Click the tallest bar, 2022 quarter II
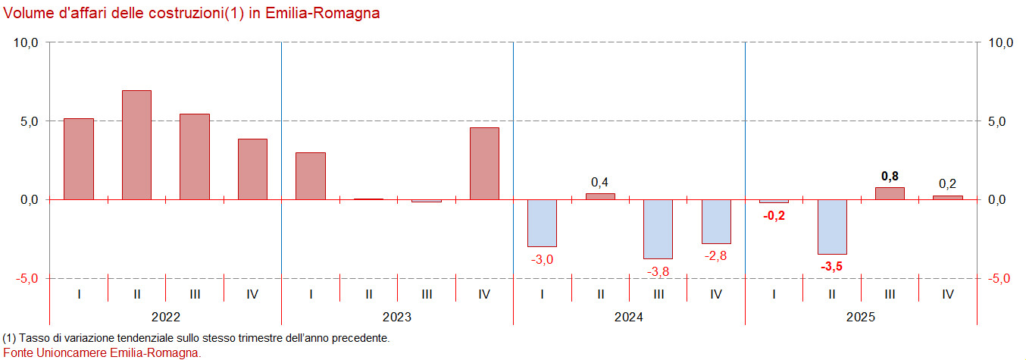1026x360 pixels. (136, 145)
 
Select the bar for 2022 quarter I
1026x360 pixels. (79, 158)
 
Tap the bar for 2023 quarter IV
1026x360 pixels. (484, 163)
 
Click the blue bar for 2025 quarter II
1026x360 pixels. (832, 227)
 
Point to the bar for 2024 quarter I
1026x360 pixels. (543, 223)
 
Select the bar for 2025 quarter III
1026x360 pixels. (890, 193)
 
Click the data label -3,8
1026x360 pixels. (658, 271)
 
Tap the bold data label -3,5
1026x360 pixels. (832, 266)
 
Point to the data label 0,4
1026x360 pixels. (600, 182)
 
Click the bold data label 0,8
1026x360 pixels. (890, 176)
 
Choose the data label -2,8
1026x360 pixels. (716, 255)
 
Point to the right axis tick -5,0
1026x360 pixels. (999, 278)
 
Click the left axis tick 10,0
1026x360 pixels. (26, 43)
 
